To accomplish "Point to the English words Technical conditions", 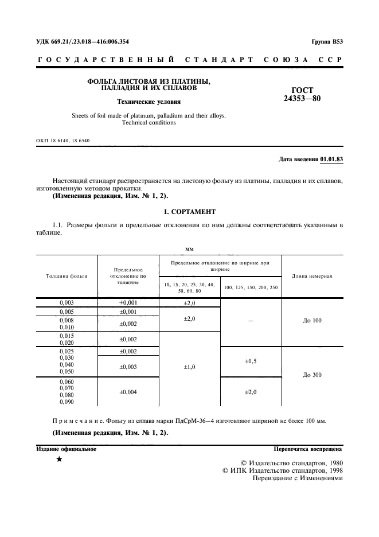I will (149, 122).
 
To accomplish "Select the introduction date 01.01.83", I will (331, 158).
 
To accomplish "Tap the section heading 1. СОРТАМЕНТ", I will (189, 212).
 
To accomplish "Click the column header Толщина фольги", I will (67, 276).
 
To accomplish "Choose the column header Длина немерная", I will (312, 276).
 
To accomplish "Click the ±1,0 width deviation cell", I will (189, 367).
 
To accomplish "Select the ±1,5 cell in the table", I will (251, 361).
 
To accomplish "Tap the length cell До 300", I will (312, 375).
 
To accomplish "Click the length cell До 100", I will (312, 320).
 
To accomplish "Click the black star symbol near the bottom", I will (59, 460).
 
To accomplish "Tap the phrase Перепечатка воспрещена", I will (308, 449).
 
